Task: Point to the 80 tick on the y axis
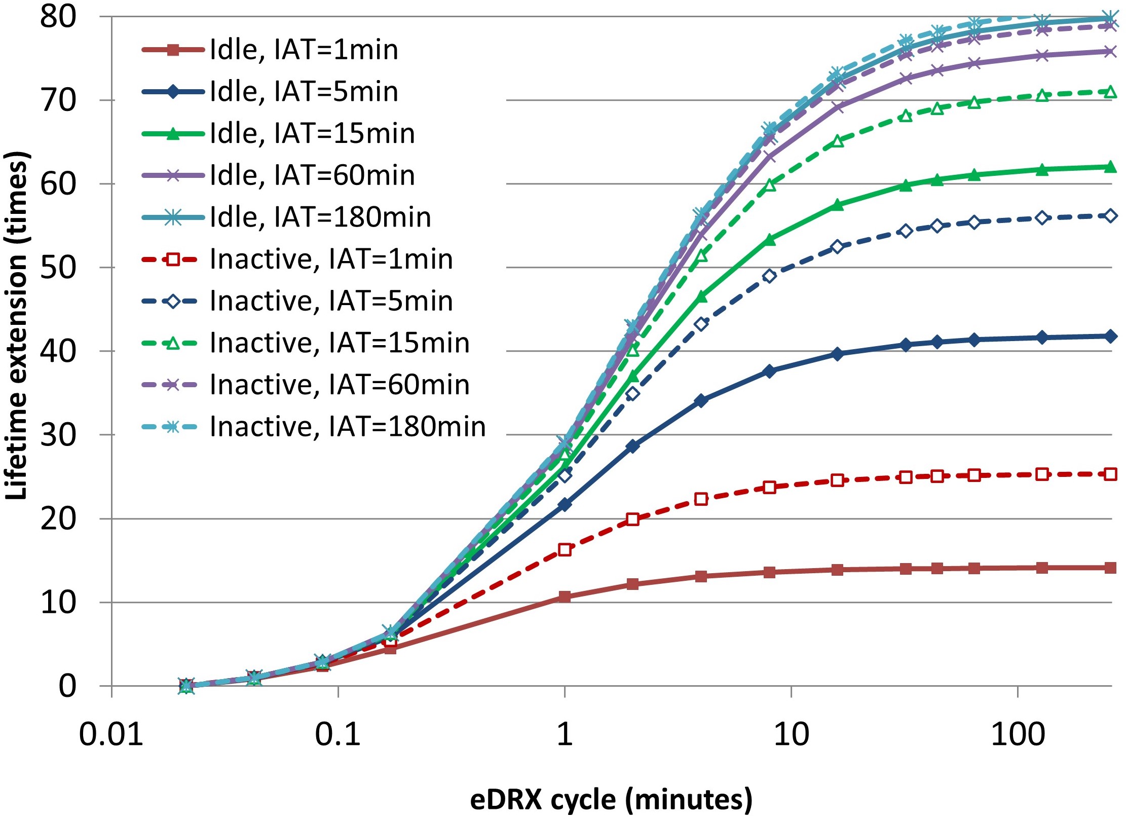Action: [58, 16]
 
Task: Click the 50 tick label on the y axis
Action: [58, 268]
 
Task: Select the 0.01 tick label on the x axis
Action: [111, 734]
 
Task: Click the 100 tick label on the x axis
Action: [1018, 734]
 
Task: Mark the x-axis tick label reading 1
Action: [565, 734]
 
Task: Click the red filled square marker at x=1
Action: [565, 597]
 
